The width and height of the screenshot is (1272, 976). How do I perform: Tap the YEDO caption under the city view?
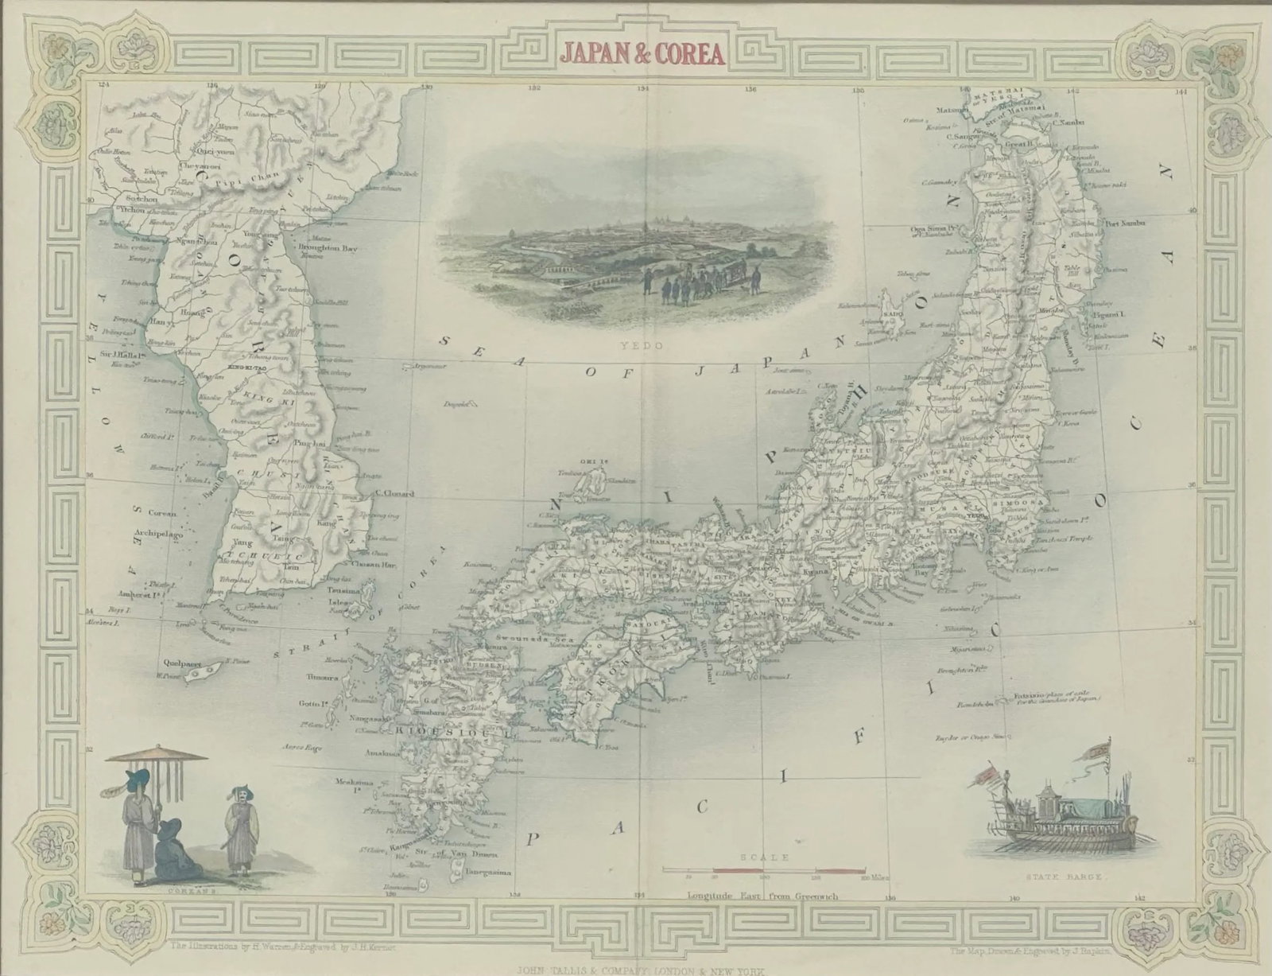point(632,347)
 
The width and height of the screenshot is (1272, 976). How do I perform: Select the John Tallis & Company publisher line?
point(636,970)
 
